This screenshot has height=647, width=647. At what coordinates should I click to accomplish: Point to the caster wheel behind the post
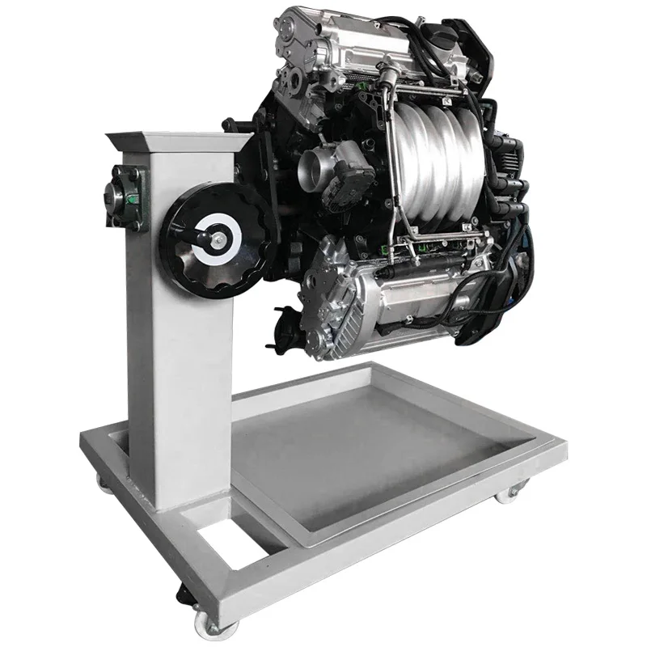pyautogui.click(x=104, y=483)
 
